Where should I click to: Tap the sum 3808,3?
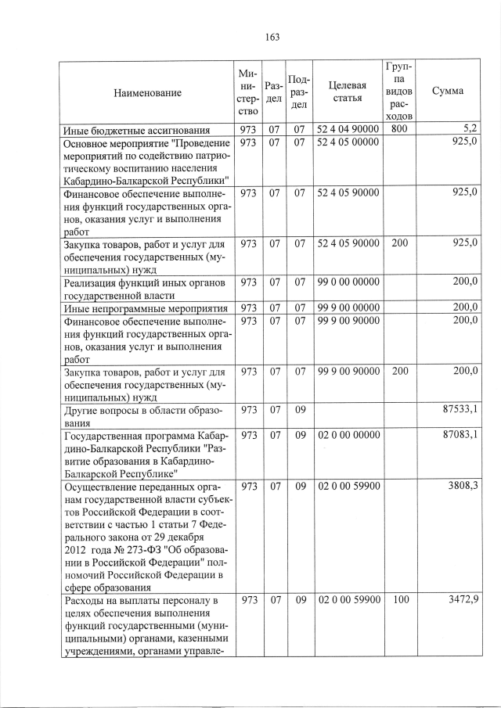[463, 486]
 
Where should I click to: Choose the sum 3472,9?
[463, 600]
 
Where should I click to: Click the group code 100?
[399, 600]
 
